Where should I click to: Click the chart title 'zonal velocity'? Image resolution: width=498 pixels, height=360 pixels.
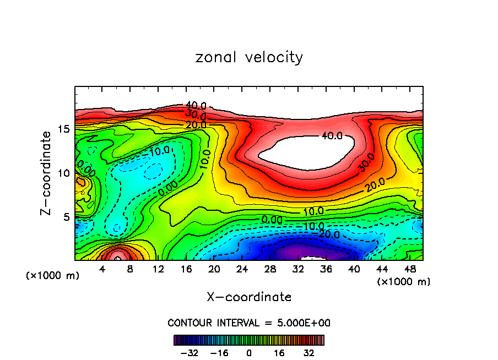click(x=249, y=57)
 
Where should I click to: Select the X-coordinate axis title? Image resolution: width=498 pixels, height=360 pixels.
click(x=249, y=297)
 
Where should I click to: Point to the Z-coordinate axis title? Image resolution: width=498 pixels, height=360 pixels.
click(x=48, y=172)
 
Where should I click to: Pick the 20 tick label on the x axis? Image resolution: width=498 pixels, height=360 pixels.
click(x=214, y=269)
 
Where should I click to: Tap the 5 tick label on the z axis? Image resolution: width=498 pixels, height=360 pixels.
click(x=66, y=217)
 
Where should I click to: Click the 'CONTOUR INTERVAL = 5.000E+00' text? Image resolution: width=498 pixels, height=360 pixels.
click(x=249, y=323)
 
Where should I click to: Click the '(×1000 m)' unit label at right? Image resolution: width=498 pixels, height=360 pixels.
click(x=404, y=281)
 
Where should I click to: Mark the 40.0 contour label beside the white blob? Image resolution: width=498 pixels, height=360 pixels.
click(x=332, y=135)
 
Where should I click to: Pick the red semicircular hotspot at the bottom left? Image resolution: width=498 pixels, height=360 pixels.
click(x=117, y=255)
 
